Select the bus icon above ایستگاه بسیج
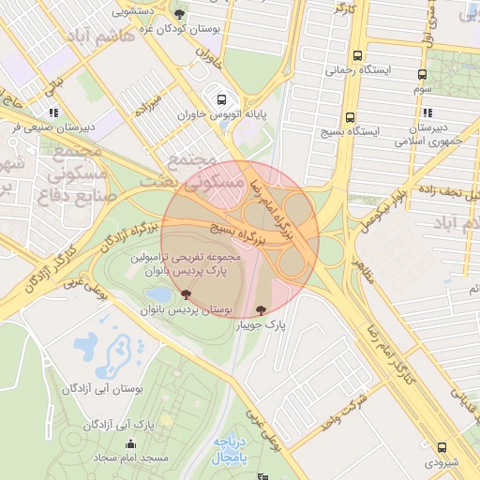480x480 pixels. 350,117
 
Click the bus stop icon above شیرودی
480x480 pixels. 442,447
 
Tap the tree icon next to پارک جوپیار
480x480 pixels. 260,309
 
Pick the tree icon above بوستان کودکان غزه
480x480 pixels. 179,13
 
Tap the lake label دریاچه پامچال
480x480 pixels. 228,449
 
